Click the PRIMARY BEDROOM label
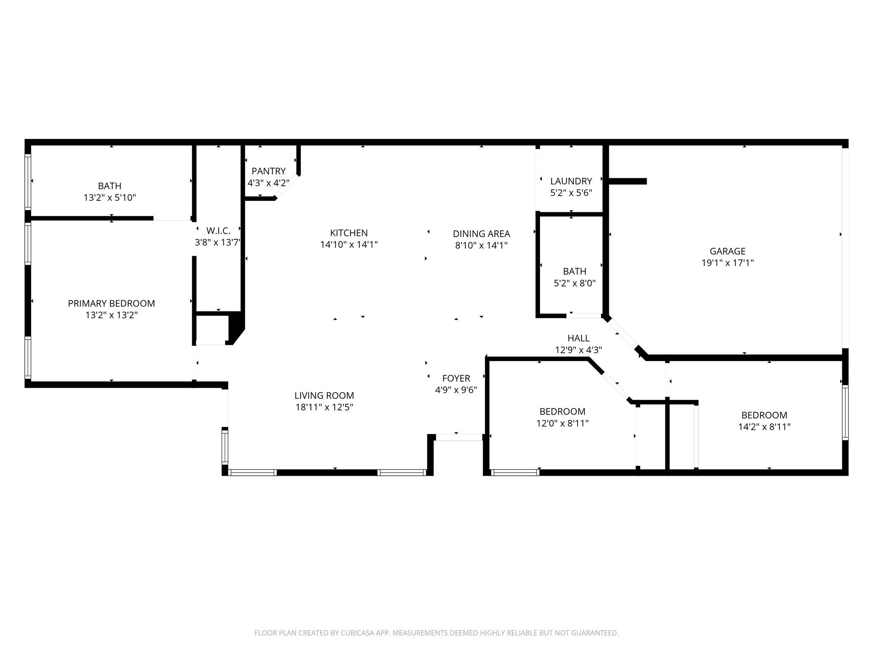point(111,304)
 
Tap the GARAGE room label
point(727,251)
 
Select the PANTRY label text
point(269,171)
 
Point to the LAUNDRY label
point(571,181)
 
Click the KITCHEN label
point(349,233)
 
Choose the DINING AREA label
point(481,234)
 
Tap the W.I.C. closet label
point(218,231)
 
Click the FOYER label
point(456,378)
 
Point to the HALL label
point(578,338)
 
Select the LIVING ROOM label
point(324,395)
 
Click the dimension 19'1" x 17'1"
point(727,263)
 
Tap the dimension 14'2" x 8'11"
point(764,427)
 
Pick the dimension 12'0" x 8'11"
point(562,423)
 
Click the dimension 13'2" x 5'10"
point(110,198)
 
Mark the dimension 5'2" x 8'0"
point(574,283)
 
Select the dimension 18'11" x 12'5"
point(324,407)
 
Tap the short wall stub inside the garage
point(627,181)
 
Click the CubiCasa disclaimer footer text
point(436,633)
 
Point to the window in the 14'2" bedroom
point(845,412)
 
